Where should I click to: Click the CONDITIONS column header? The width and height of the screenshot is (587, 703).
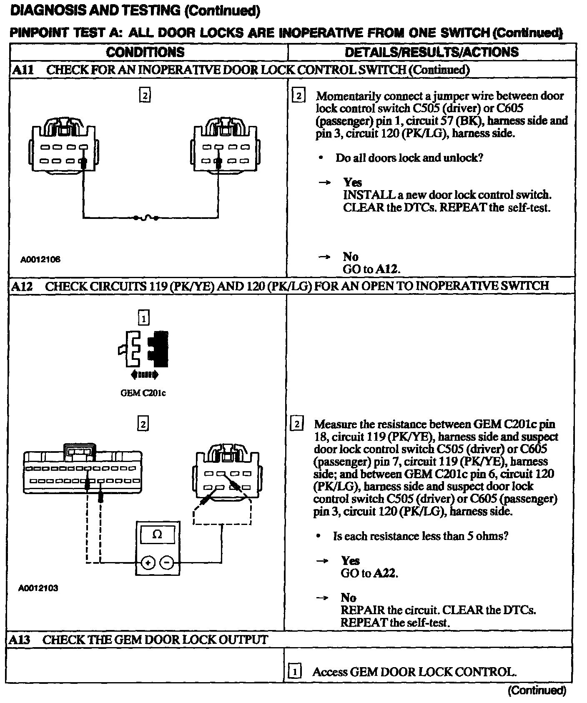pyautogui.click(x=145, y=52)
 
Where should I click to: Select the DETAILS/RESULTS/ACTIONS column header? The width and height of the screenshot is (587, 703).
pyautogui.click(x=431, y=52)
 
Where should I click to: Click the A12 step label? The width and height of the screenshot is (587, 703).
pyautogui.click(x=22, y=286)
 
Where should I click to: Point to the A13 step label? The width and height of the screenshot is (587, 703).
pyautogui.click(x=20, y=640)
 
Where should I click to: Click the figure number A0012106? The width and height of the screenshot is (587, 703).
pyautogui.click(x=40, y=259)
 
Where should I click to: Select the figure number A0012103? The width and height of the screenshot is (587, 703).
pyautogui.click(x=38, y=588)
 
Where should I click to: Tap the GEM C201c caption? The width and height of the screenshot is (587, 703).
pyautogui.click(x=143, y=393)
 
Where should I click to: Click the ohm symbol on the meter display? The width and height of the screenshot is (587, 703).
pyautogui.click(x=157, y=535)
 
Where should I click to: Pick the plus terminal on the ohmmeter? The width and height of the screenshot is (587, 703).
pyautogui.click(x=148, y=563)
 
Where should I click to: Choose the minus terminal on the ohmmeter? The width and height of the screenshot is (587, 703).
pyautogui.click(x=167, y=563)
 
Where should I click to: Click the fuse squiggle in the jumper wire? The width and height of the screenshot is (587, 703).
pyautogui.click(x=145, y=218)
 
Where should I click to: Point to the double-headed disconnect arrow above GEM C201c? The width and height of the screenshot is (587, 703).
pyautogui.click(x=144, y=375)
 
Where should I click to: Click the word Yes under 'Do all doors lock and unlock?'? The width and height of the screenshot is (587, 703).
pyautogui.click(x=352, y=182)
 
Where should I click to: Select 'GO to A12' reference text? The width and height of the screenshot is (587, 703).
pyautogui.click(x=371, y=269)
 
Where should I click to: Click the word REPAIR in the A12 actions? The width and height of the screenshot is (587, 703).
pyautogui.click(x=362, y=610)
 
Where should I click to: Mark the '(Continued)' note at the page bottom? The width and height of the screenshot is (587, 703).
pyautogui.click(x=537, y=691)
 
